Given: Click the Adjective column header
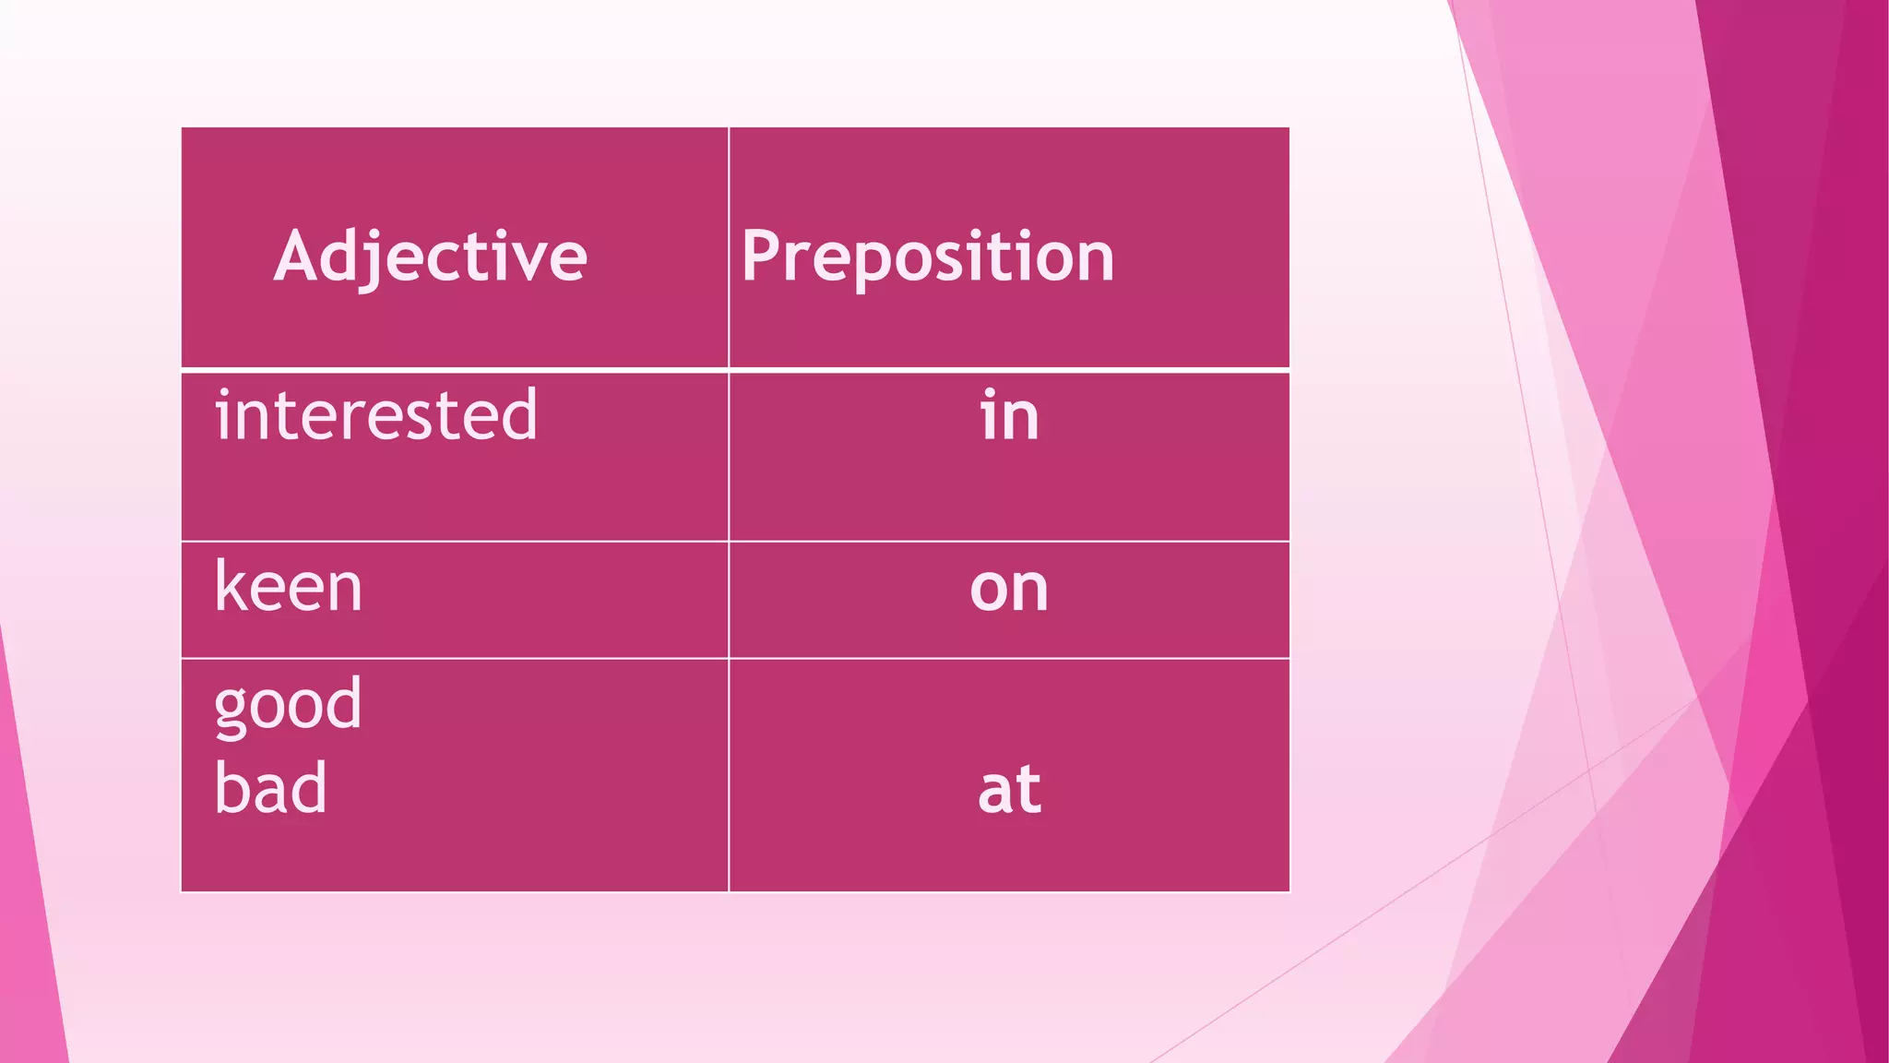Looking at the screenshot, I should pos(430,256).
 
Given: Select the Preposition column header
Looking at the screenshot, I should pos(927,256).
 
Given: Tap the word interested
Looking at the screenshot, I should pos(375,415).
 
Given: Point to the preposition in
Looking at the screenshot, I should pos(1009,416).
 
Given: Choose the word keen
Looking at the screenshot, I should pos(289,587).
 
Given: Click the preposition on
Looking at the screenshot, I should pos(1009,588).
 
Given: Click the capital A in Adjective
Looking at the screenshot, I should pos(297,256).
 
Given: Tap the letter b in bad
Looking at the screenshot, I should pos(231,787).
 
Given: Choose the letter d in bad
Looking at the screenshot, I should pos(311,787).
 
